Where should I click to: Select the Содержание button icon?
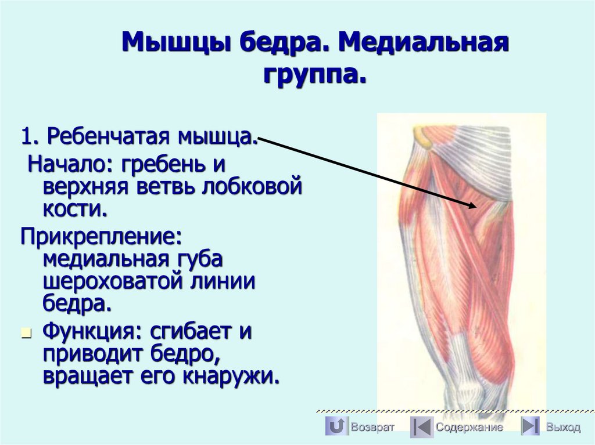[421, 427]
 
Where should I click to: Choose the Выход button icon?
[530, 427]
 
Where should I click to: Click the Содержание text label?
[469, 428]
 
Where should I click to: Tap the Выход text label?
[562, 428]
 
